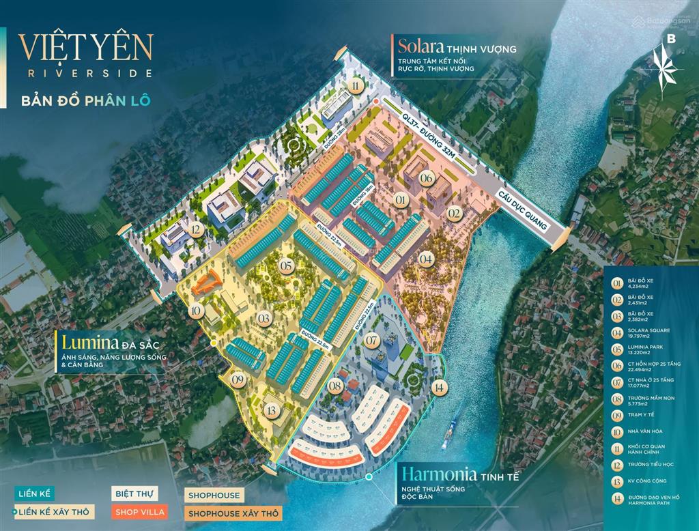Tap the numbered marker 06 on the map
(x=427, y=179)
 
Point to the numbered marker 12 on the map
(x=197, y=230)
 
